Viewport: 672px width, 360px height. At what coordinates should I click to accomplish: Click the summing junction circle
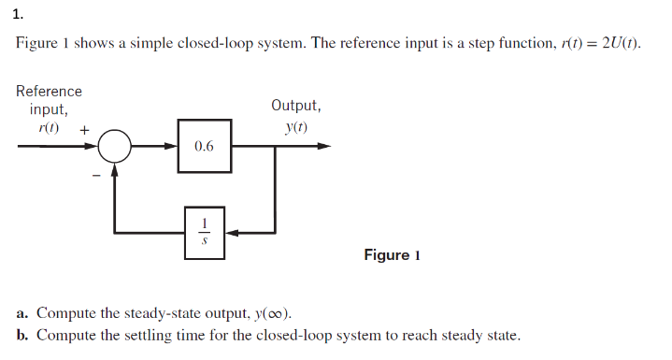click(x=116, y=147)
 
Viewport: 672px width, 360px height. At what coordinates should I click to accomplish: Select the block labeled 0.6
click(x=204, y=147)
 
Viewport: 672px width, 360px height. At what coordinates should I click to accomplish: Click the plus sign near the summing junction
click(x=84, y=132)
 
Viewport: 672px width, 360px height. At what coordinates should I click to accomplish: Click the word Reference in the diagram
click(x=49, y=92)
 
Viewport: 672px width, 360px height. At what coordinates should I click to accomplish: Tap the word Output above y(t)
click(x=296, y=106)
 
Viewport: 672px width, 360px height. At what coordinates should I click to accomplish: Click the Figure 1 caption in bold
click(x=392, y=255)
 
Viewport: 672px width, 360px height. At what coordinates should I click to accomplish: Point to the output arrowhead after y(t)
click(x=323, y=147)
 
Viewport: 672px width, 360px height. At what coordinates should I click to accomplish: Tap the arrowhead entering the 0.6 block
click(x=173, y=147)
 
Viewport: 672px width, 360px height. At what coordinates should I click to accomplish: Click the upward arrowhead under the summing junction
click(x=116, y=169)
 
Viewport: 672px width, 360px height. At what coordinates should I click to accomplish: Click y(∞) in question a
click(x=283, y=313)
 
